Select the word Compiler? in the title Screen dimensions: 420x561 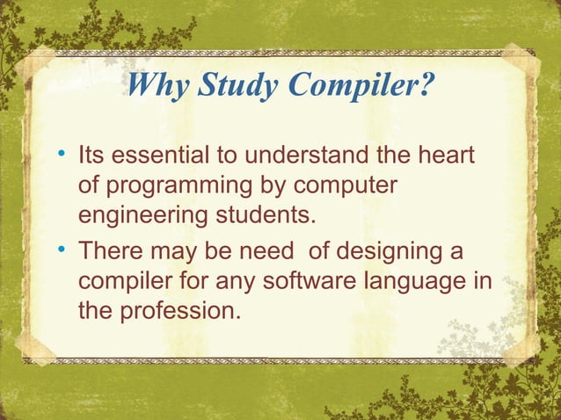coord(358,88)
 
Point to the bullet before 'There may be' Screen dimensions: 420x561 coord(62,253)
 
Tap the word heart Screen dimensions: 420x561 coord(444,158)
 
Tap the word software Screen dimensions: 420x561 coord(306,283)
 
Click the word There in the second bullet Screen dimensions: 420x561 coord(112,254)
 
